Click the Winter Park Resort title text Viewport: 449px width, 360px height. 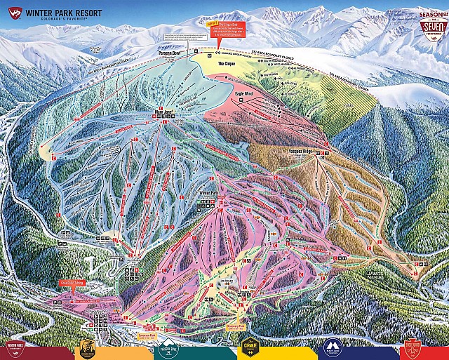[63, 12]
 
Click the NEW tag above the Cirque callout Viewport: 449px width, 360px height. [210, 23]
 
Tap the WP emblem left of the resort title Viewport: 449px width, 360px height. [12, 13]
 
